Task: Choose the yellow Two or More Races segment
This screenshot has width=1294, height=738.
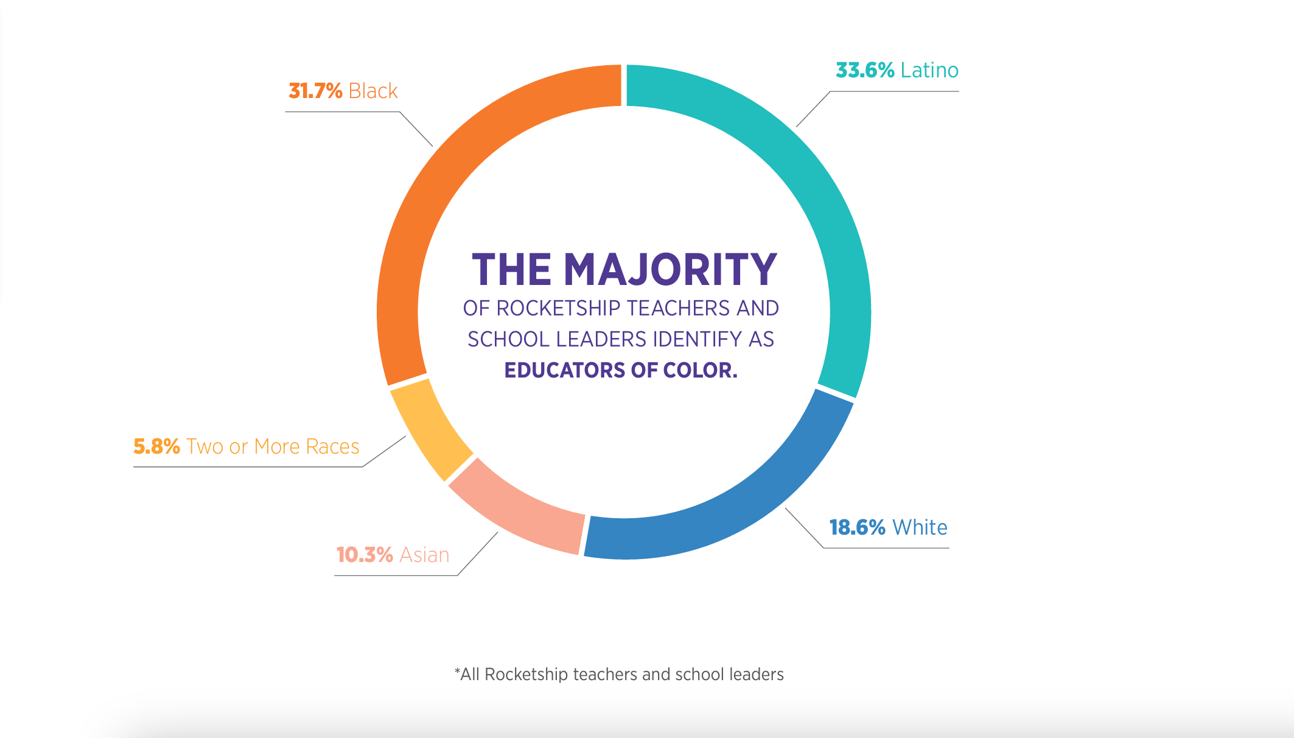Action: click(x=430, y=429)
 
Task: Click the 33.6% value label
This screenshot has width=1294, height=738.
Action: click(x=865, y=71)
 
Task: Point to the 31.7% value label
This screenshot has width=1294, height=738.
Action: click(x=315, y=91)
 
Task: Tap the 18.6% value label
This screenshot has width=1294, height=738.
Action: click(x=857, y=527)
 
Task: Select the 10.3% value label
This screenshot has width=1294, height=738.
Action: click(x=365, y=555)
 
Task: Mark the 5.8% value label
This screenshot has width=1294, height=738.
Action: click(x=156, y=446)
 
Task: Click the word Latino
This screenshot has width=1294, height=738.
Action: click(x=929, y=71)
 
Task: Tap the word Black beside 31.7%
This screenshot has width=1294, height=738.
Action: click(x=373, y=91)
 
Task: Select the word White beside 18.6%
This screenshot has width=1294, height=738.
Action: click(x=920, y=527)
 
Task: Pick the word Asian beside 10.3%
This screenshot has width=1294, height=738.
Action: click(x=424, y=555)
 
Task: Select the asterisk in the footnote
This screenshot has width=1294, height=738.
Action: click(x=457, y=672)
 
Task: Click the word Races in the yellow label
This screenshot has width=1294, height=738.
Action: click(x=332, y=446)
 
